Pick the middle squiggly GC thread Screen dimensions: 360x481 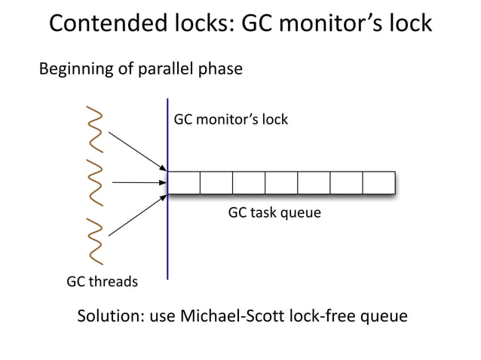point(95,182)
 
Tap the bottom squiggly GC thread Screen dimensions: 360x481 point(95,237)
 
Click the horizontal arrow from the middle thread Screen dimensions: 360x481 point(138,182)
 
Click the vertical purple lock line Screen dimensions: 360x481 point(167,249)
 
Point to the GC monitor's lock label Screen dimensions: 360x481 point(231,120)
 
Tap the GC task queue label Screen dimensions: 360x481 point(274,213)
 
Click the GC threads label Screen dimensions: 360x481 point(103,282)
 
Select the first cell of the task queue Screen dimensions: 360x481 point(183,183)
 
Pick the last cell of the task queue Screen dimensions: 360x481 point(379,183)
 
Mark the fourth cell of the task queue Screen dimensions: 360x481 point(281,183)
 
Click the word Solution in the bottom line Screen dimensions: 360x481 point(109,316)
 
